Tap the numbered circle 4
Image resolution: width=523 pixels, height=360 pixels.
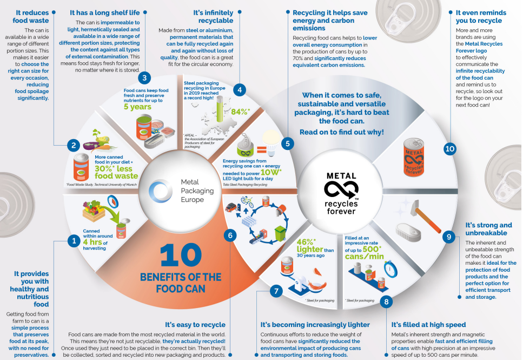click(239, 90)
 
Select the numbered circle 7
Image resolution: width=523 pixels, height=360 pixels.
click(276, 291)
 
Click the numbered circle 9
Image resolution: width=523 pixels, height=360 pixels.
click(448, 237)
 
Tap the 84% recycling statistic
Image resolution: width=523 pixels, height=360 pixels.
click(240, 112)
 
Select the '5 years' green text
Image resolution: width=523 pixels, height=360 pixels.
click(137, 107)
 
